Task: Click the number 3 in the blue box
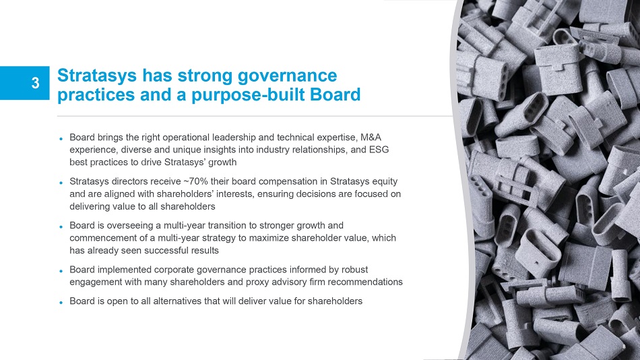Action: point(36,83)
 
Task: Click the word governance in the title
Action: point(288,76)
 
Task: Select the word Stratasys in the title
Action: point(97,76)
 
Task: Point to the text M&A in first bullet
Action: point(371,138)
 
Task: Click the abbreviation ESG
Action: point(379,150)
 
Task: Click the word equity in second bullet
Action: point(385,181)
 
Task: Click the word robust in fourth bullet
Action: point(354,270)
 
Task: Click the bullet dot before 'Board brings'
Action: point(61,139)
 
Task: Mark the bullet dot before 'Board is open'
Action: point(61,303)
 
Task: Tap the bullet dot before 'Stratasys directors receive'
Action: point(61,183)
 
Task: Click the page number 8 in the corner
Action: point(624,347)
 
